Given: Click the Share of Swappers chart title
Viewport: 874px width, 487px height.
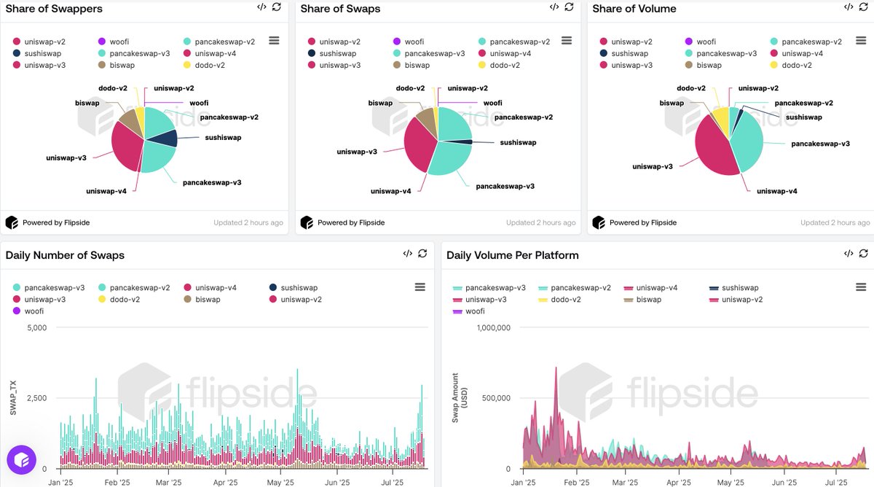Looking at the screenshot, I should tap(54, 9).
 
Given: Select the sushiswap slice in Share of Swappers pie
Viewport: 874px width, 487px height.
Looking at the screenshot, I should tap(167, 138).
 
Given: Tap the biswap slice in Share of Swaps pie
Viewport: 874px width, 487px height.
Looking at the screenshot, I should tap(426, 122).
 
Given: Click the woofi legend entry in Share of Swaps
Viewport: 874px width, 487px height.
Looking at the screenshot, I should tap(414, 42).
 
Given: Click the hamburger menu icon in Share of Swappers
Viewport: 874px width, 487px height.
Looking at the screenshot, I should tap(274, 41).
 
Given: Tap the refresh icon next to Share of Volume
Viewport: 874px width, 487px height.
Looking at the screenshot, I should tap(863, 7).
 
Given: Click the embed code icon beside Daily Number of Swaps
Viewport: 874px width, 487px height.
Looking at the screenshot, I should tap(407, 254).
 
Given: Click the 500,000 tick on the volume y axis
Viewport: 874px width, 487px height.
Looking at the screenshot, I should tap(491, 398).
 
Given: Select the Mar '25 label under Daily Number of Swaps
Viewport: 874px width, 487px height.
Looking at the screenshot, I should tap(168, 483).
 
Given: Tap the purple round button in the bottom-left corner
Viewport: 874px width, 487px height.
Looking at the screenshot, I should tap(21, 460).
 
